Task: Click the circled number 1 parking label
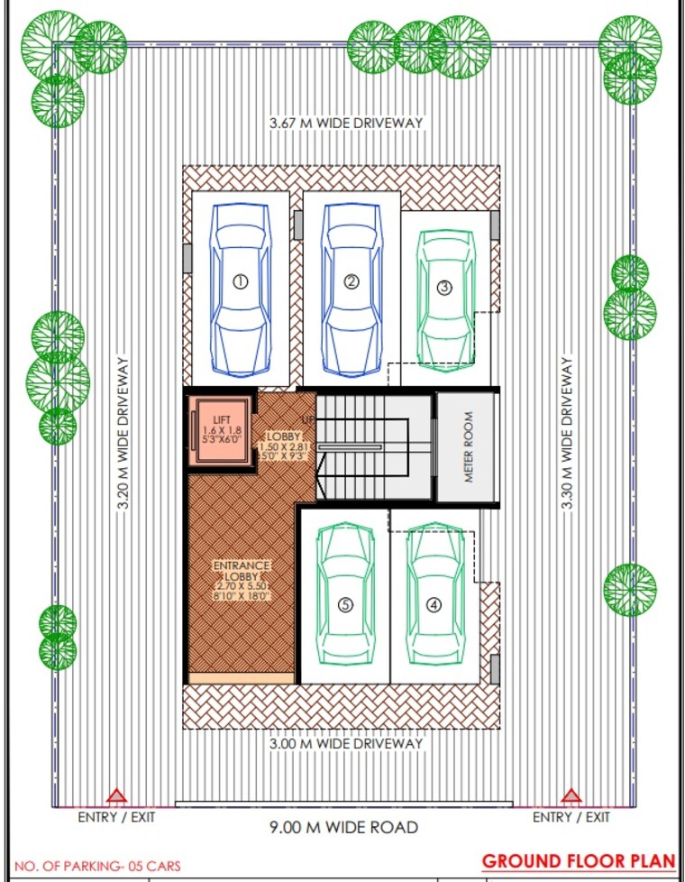click(x=240, y=281)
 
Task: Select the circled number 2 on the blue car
click(x=352, y=281)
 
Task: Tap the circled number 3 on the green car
click(x=444, y=288)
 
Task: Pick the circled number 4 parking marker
click(x=434, y=605)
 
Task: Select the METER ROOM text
click(x=468, y=448)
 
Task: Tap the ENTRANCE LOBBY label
click(x=242, y=571)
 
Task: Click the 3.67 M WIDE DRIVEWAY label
click(x=346, y=122)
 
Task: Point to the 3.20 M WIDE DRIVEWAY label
click(x=123, y=433)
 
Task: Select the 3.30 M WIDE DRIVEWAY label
click(x=567, y=433)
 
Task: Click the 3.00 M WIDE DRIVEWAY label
click(x=346, y=744)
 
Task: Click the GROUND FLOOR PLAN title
click(x=578, y=860)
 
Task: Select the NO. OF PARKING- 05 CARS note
click(x=97, y=866)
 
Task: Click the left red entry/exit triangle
click(x=115, y=796)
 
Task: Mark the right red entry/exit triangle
click(x=571, y=796)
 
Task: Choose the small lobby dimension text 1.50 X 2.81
click(x=284, y=446)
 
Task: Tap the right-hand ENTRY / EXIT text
click(x=571, y=817)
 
